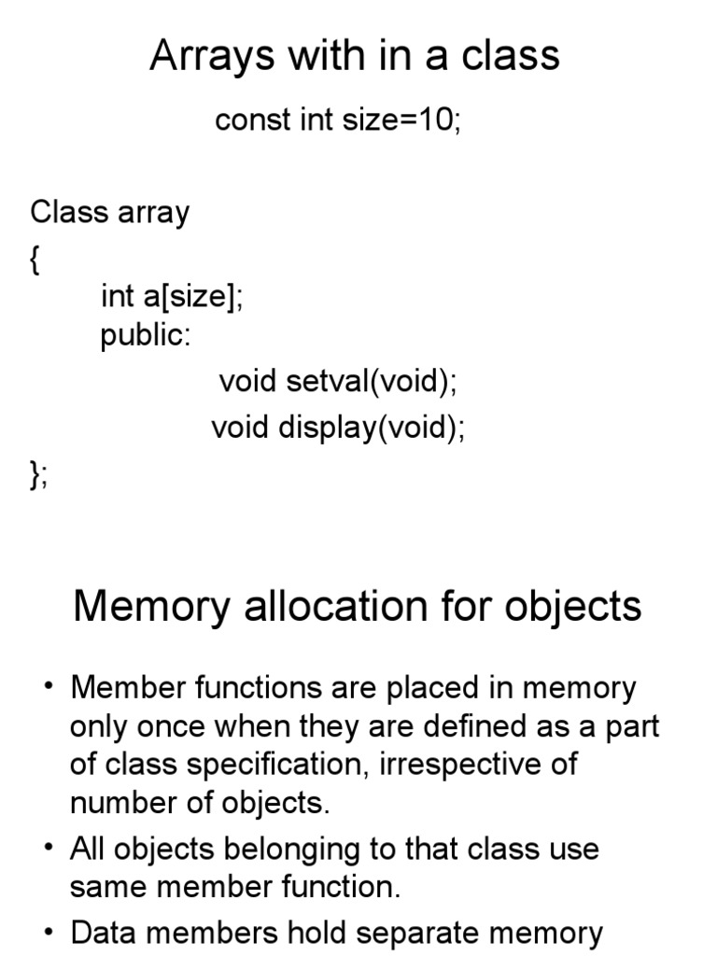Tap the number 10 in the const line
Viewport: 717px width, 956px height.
436,120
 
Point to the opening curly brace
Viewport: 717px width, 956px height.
35,261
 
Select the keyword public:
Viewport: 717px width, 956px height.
145,335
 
